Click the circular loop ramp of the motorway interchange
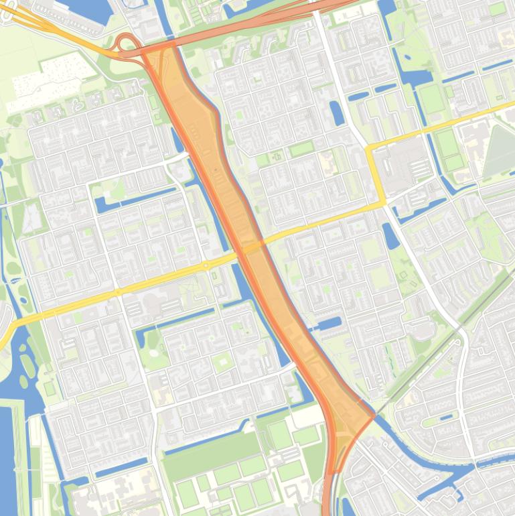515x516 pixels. [125, 43]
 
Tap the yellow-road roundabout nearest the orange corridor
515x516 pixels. [206, 266]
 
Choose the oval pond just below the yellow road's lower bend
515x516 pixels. [390, 235]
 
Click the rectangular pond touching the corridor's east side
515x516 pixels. [329, 324]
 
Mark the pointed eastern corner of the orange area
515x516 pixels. [374, 415]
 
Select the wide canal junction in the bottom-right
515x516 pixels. [462, 476]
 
